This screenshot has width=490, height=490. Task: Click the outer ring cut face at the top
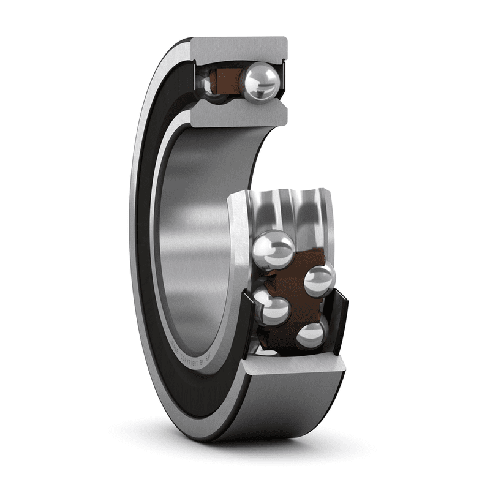point(239,48)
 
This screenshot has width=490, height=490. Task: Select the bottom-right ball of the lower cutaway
point(312,334)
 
